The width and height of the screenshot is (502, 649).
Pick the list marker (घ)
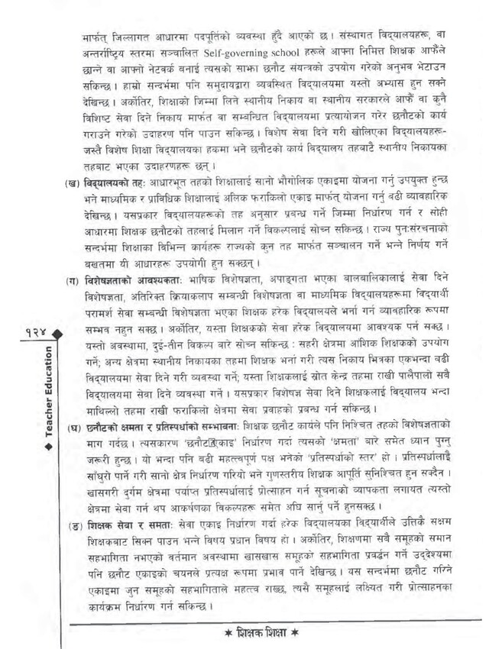pos(73,426)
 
